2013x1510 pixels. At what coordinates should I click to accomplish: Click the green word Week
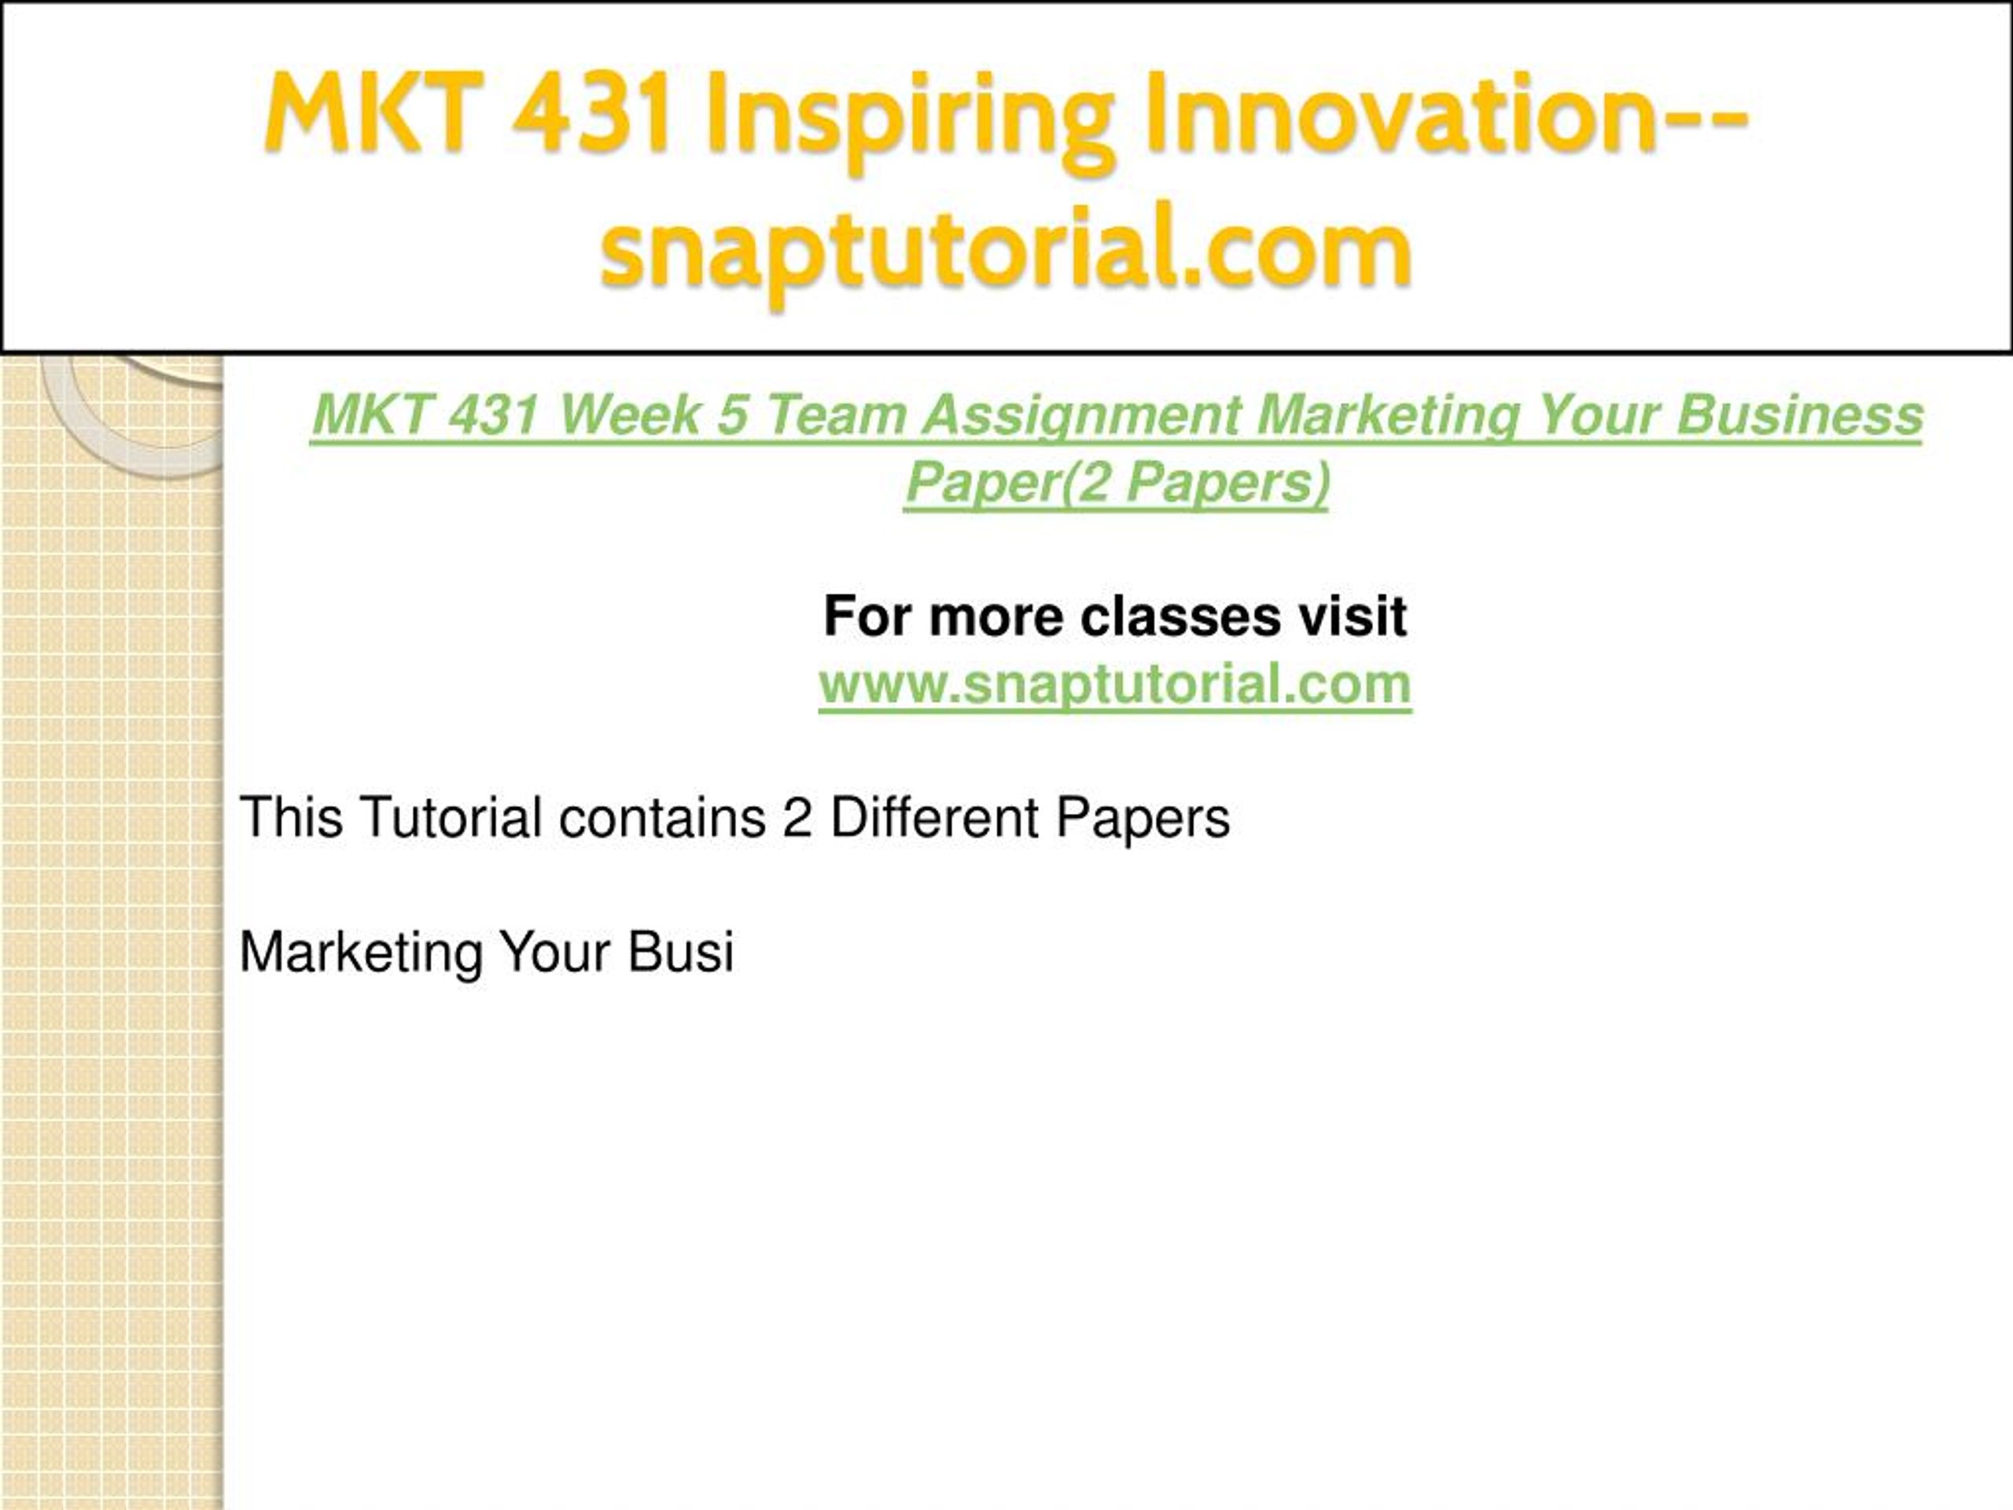(x=629, y=415)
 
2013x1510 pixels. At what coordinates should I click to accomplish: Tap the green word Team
(x=834, y=415)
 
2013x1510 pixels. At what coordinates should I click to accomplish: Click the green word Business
(x=1799, y=415)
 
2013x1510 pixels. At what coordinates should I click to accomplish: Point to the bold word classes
(x=1179, y=617)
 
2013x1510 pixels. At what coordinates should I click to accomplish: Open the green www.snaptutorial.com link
(x=1115, y=683)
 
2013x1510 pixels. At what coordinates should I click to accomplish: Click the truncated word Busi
(x=680, y=952)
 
